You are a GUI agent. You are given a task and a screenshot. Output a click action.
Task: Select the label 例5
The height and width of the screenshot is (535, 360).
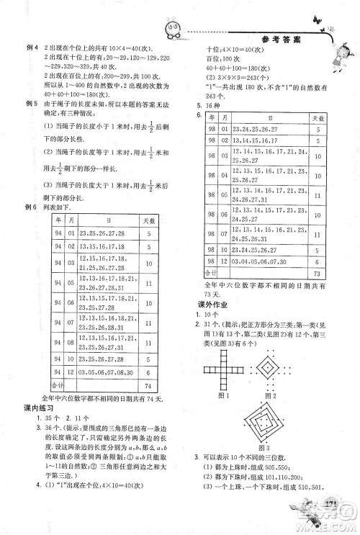[30, 105]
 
